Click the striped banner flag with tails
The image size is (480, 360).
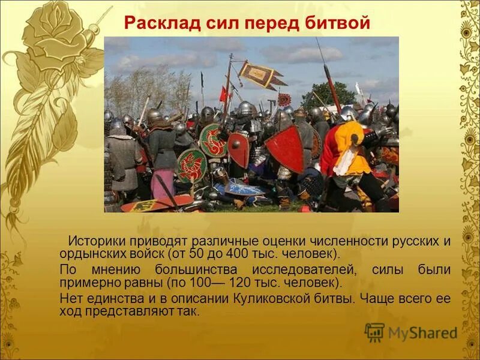click(260, 74)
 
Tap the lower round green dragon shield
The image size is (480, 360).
click(191, 165)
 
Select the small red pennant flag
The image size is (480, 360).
click(223, 94)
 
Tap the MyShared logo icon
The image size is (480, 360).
click(374, 332)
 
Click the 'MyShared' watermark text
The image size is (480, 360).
click(422, 333)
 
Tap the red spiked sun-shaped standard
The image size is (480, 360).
click(284, 100)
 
